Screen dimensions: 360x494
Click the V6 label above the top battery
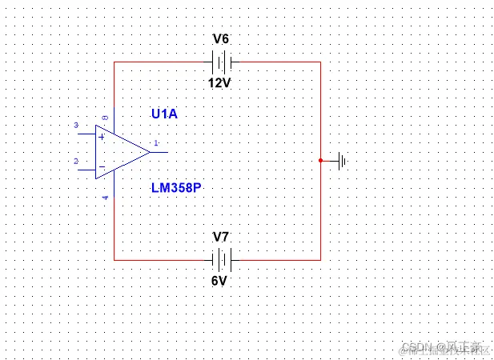pyautogui.click(x=220, y=38)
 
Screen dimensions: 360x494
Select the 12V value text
pyautogui.click(x=220, y=82)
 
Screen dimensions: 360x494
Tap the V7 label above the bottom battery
pyautogui.click(x=220, y=237)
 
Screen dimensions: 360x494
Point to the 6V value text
pyautogui.click(x=220, y=281)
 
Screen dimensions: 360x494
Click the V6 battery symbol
pyautogui.click(x=220, y=61)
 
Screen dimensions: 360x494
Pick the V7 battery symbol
pyautogui.click(x=220, y=259)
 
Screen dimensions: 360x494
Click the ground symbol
pyautogui.click(x=342, y=161)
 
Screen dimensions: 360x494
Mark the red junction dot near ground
pyautogui.click(x=320, y=160)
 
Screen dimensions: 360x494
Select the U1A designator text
pyautogui.click(x=164, y=114)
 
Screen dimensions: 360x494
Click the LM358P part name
pyautogui.click(x=176, y=188)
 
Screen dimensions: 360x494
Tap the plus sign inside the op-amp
pyautogui.click(x=102, y=136)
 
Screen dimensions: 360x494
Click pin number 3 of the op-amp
pyautogui.click(x=76, y=126)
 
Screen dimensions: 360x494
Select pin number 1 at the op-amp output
pyautogui.click(x=155, y=144)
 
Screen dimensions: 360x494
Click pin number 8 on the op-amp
pyautogui.click(x=105, y=118)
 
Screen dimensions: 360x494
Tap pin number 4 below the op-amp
pyautogui.click(x=106, y=196)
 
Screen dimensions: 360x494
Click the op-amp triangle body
pyautogui.click(x=120, y=152)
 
